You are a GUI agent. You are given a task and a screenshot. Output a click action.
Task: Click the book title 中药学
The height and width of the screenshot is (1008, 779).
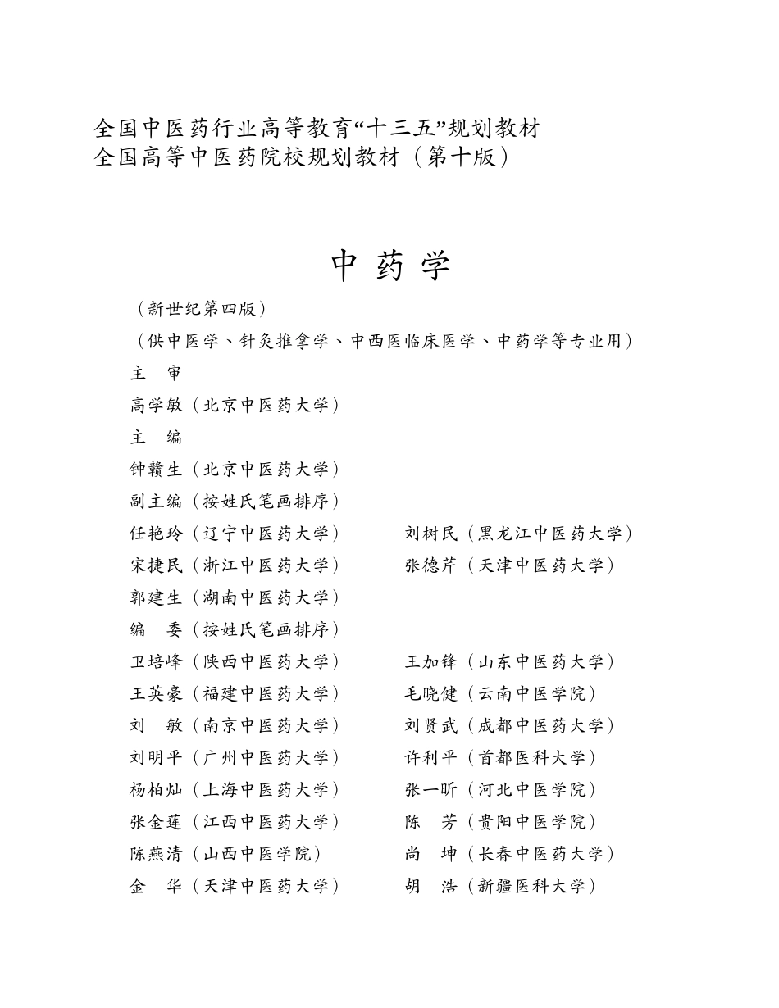point(391,266)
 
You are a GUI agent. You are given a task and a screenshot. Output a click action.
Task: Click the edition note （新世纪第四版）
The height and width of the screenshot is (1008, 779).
point(202,309)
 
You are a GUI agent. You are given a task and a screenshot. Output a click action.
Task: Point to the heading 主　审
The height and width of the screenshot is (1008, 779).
point(156,373)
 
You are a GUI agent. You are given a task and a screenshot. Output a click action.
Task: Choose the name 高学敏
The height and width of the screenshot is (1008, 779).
point(156,405)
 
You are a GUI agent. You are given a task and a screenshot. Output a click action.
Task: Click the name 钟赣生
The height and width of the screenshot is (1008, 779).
point(156,469)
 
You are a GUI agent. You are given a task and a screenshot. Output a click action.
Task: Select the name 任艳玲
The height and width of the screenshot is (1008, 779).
point(156,533)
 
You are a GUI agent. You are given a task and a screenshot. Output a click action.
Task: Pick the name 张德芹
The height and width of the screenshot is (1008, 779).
point(431,565)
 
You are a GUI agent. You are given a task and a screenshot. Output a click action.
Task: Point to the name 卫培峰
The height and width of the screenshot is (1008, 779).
point(156,661)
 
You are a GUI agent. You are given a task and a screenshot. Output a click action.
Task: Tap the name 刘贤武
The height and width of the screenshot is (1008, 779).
point(431,725)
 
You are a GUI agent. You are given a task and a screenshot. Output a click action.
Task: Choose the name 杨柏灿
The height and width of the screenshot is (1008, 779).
point(156,789)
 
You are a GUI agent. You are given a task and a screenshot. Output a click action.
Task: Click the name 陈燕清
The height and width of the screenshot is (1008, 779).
point(156,853)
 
